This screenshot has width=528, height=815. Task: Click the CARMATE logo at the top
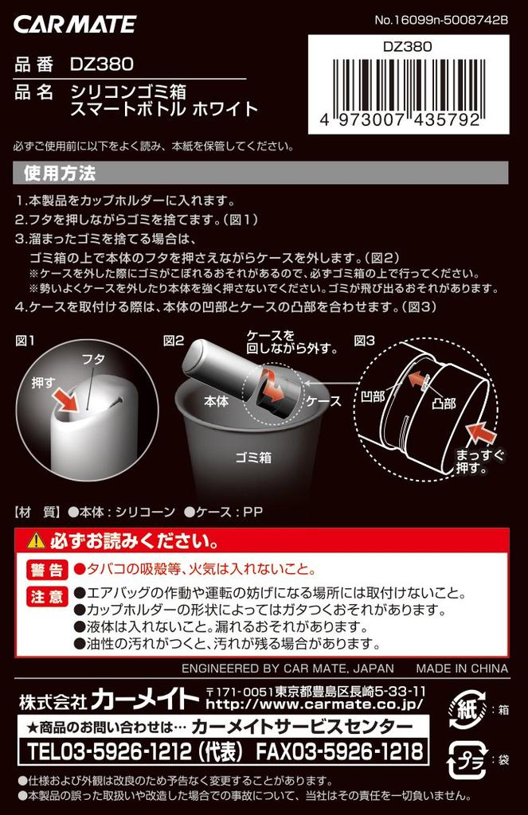tap(75, 24)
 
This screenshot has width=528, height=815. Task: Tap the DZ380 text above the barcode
tap(408, 47)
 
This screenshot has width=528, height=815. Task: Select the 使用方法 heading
tap(60, 173)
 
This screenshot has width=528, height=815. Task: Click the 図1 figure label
tap(25, 341)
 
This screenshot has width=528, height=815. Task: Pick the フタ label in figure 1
tap(93, 359)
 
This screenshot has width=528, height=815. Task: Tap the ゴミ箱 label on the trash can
tap(252, 458)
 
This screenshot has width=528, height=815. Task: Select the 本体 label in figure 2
tap(216, 401)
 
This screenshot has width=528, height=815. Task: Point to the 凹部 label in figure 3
tap(372, 396)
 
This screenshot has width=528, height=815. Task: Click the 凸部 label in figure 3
tap(444, 404)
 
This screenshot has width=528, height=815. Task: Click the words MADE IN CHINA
tap(462, 669)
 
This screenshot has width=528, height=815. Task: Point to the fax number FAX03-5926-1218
tap(338, 751)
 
